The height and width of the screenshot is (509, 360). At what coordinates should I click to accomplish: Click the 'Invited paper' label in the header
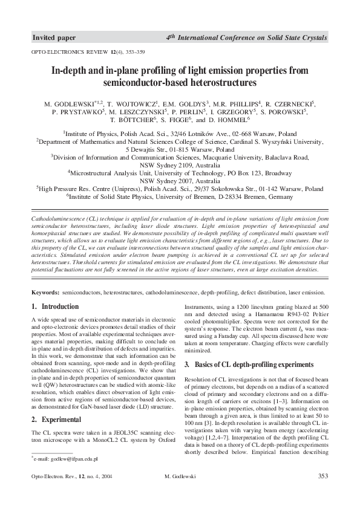(54, 38)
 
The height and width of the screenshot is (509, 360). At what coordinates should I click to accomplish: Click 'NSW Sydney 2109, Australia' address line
(180, 164)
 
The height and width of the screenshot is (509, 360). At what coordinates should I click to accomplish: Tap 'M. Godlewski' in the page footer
(180, 477)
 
